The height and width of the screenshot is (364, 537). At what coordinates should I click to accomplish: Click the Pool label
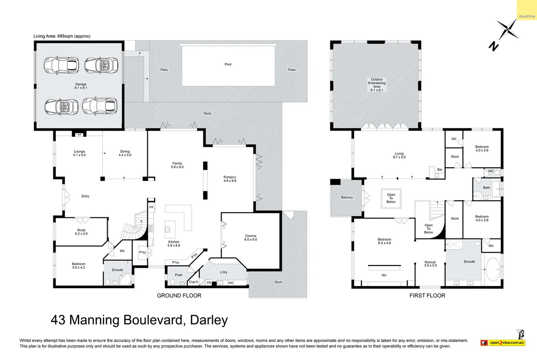(228, 64)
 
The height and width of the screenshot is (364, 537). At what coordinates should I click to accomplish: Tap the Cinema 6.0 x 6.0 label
(251, 238)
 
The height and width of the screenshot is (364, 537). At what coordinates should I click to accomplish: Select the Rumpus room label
(230, 179)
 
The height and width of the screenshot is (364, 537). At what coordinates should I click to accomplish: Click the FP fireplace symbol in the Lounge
(80, 135)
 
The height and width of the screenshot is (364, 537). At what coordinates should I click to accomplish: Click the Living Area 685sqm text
(62, 36)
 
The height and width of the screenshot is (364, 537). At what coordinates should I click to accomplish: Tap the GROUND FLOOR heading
(179, 296)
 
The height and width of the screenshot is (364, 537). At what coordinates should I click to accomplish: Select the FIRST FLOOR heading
(427, 296)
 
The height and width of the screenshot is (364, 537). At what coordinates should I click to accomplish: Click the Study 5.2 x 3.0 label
(81, 232)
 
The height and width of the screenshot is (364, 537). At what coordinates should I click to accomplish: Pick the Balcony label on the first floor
(347, 198)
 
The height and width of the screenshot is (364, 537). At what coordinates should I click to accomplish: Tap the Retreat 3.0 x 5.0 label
(430, 264)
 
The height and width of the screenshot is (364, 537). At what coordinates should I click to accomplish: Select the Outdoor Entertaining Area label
(377, 85)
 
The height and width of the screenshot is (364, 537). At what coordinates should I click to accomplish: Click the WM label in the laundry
(230, 283)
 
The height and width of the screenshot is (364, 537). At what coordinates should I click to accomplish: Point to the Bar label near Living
(440, 170)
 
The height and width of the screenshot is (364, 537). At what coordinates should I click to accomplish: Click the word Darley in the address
(209, 320)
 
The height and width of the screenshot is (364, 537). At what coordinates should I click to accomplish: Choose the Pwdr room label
(179, 275)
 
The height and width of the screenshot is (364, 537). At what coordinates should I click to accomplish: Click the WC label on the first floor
(491, 171)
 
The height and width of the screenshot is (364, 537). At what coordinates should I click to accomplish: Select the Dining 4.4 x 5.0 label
(125, 153)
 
